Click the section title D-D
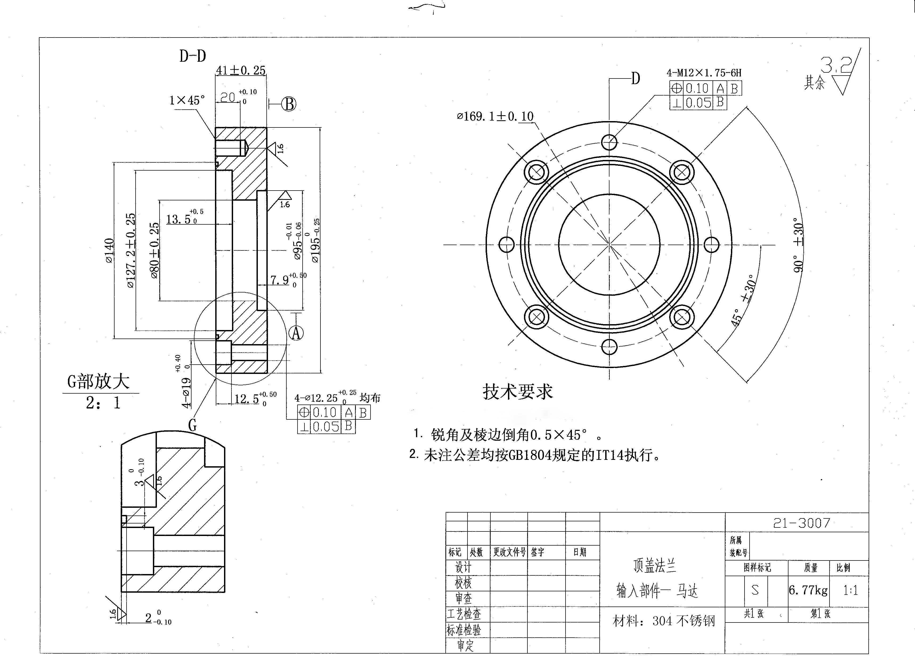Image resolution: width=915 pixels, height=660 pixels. click(192, 56)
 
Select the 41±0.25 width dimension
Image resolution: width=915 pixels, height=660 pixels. click(241, 71)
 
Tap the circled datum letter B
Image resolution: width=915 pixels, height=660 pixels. click(289, 104)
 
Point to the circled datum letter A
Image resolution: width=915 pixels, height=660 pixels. click(296, 333)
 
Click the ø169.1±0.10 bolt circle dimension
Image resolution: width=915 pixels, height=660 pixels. click(495, 117)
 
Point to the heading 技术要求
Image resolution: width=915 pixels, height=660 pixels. click(517, 391)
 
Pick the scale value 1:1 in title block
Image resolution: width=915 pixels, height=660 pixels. click(850, 590)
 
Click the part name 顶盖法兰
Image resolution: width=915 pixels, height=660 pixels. click(654, 566)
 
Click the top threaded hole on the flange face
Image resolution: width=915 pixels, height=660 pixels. click(609, 142)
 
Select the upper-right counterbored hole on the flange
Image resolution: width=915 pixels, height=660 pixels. click(682, 172)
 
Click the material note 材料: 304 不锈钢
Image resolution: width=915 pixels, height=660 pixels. click(664, 621)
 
